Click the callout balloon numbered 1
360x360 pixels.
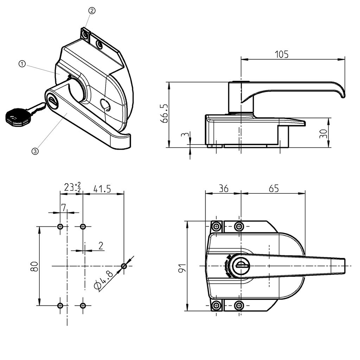coord(22,64)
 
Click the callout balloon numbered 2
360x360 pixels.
coord(91,11)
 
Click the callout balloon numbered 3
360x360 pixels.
coord(35,151)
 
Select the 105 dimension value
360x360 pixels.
coord(282,54)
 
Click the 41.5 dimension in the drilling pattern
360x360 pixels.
coord(102,189)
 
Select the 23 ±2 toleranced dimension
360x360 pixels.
coord(72,187)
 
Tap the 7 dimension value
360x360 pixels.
coord(64,208)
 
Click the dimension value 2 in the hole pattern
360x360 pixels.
coord(101,246)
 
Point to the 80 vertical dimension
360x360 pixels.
coord(34,266)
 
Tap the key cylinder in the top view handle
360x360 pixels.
coord(241,265)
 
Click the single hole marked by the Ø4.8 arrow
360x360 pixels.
coord(124,266)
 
